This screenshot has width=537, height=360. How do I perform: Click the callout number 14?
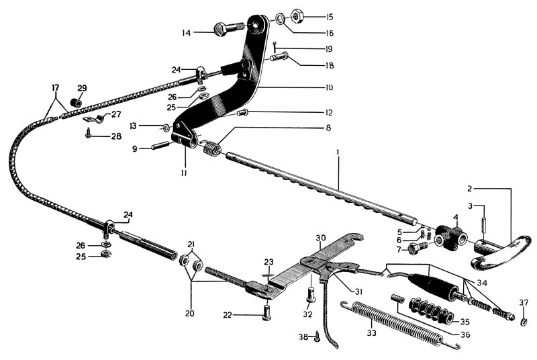click(186, 32)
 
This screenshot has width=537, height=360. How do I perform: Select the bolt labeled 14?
click(224, 30)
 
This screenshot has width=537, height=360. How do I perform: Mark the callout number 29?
click(82, 88)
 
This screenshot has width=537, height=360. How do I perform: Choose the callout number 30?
click(321, 237)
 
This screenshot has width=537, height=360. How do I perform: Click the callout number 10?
click(329, 87)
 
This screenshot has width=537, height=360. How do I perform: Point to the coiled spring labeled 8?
click(212, 147)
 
